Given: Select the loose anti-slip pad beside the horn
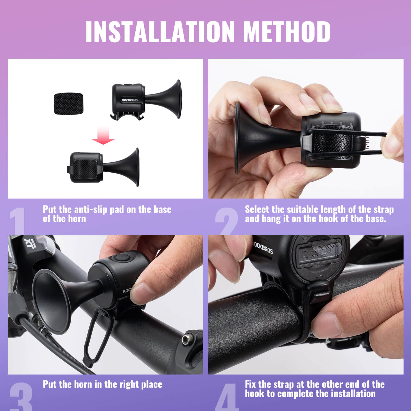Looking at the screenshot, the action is pos(69,104).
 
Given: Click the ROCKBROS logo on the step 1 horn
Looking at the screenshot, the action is pos(130,100).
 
